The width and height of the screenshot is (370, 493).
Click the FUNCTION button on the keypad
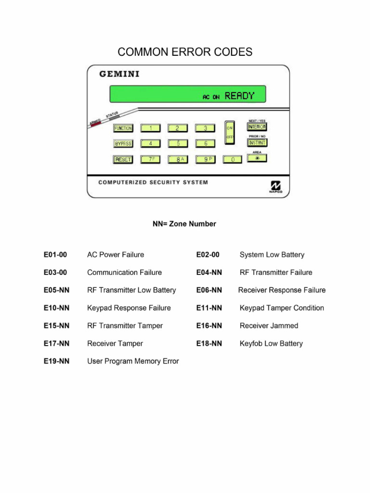coord(123,128)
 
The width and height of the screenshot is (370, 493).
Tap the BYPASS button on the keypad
coord(123,143)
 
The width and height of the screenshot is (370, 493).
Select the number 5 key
coord(178,143)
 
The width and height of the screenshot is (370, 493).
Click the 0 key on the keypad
coord(233,159)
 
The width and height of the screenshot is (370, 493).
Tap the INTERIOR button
coord(257,127)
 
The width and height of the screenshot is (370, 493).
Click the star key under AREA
coord(257,158)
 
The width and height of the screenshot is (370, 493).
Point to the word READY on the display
coord(239,96)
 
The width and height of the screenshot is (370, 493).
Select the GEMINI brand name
coord(119,74)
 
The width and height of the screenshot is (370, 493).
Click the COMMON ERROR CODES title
coord(185,52)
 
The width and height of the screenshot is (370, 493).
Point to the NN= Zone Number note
coord(185,224)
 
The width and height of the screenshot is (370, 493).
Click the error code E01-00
coord(55,255)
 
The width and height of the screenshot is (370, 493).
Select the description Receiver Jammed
coord(269,326)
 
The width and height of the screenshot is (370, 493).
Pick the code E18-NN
coord(209,344)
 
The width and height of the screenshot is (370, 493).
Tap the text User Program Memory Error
coord(133,362)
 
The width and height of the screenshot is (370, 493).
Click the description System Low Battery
coord(272,255)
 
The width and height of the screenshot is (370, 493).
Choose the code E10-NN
coord(56,308)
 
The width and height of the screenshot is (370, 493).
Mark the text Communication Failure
coord(124,272)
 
